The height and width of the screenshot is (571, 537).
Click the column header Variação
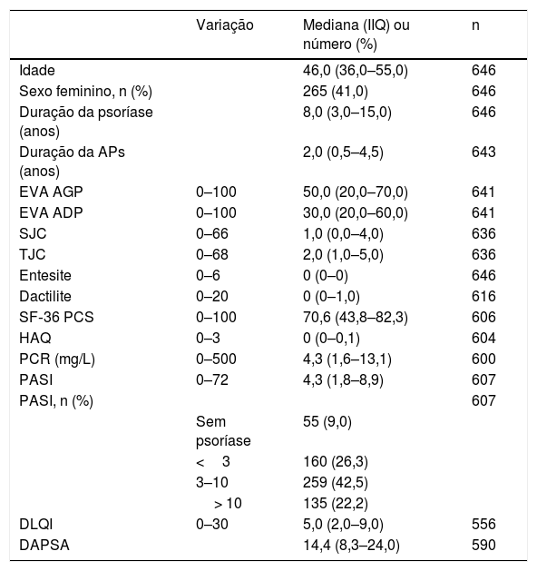(224, 25)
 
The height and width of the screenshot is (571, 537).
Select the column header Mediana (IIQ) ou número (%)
(356, 34)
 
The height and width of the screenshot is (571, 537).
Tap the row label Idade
(37, 70)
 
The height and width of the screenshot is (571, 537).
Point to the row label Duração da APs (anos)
(72, 162)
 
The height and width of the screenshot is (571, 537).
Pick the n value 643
(483, 152)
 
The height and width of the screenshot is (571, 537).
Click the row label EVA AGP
(51, 192)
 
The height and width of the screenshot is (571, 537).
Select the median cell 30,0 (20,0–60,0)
(355, 212)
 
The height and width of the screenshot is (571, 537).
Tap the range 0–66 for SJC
(211, 233)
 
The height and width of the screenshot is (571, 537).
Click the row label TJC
(33, 254)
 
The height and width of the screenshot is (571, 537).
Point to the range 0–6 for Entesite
(208, 275)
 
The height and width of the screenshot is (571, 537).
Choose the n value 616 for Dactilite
(483, 296)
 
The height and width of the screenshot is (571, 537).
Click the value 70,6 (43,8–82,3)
(355, 317)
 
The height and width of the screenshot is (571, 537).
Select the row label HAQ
(35, 338)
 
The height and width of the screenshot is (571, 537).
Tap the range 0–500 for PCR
(216, 359)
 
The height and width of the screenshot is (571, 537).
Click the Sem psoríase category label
(223, 431)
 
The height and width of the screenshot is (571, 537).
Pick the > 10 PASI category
(228, 503)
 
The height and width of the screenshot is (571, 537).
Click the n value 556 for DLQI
(483, 524)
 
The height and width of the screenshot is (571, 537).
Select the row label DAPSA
(44, 546)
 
